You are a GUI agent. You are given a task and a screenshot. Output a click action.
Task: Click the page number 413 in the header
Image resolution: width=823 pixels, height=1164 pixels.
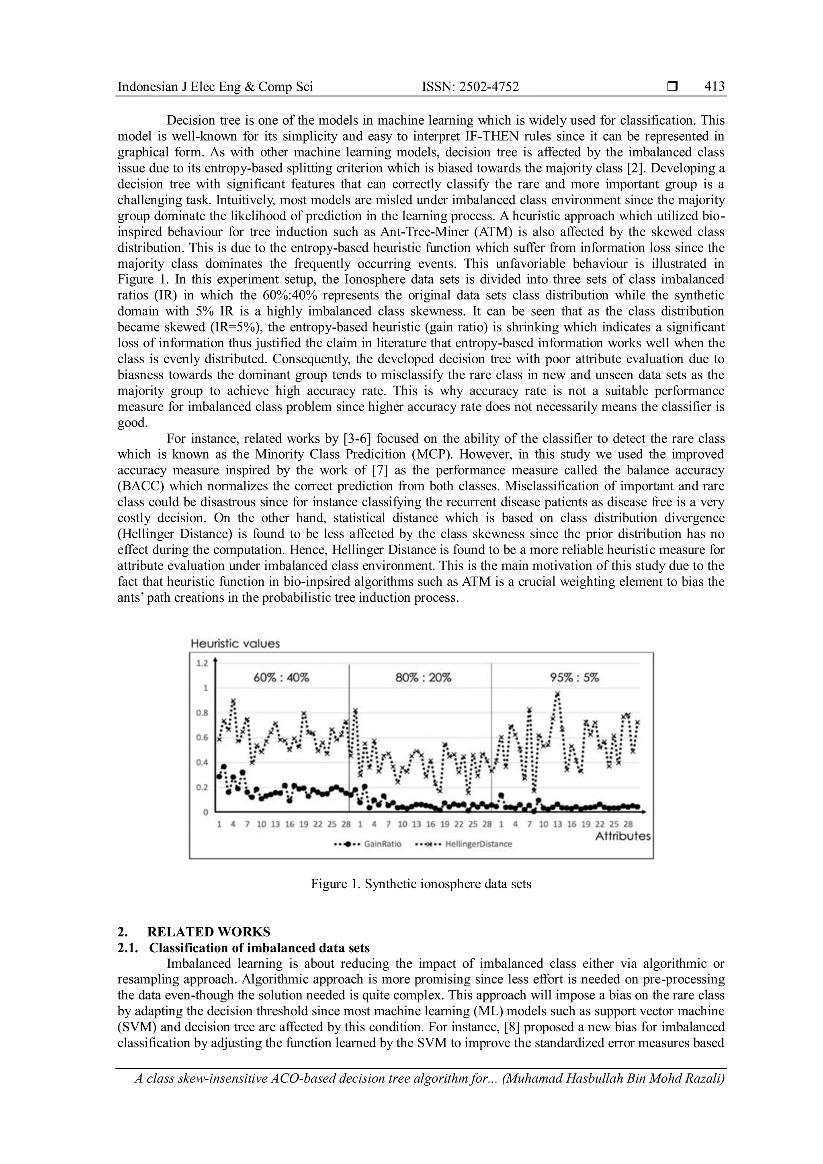[x=714, y=87]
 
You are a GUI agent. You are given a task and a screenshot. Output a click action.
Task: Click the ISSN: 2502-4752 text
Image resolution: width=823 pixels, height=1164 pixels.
[x=470, y=87]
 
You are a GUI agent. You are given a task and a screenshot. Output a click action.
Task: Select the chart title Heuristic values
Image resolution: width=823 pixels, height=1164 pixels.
[x=235, y=643]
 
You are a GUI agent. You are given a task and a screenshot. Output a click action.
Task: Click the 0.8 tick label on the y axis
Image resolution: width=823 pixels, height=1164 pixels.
[x=202, y=713]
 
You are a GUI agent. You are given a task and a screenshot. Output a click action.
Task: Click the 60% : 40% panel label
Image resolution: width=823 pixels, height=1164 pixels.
[x=281, y=678]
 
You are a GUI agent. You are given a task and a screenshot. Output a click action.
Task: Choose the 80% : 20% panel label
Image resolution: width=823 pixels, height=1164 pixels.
[x=423, y=678]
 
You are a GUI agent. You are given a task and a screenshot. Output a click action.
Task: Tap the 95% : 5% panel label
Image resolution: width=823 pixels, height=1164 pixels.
[x=575, y=678]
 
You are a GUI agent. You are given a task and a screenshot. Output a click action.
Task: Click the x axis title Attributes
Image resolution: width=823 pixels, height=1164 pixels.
[x=623, y=836]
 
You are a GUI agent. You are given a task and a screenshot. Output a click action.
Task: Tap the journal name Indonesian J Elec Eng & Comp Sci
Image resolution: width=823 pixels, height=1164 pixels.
[x=215, y=87]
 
